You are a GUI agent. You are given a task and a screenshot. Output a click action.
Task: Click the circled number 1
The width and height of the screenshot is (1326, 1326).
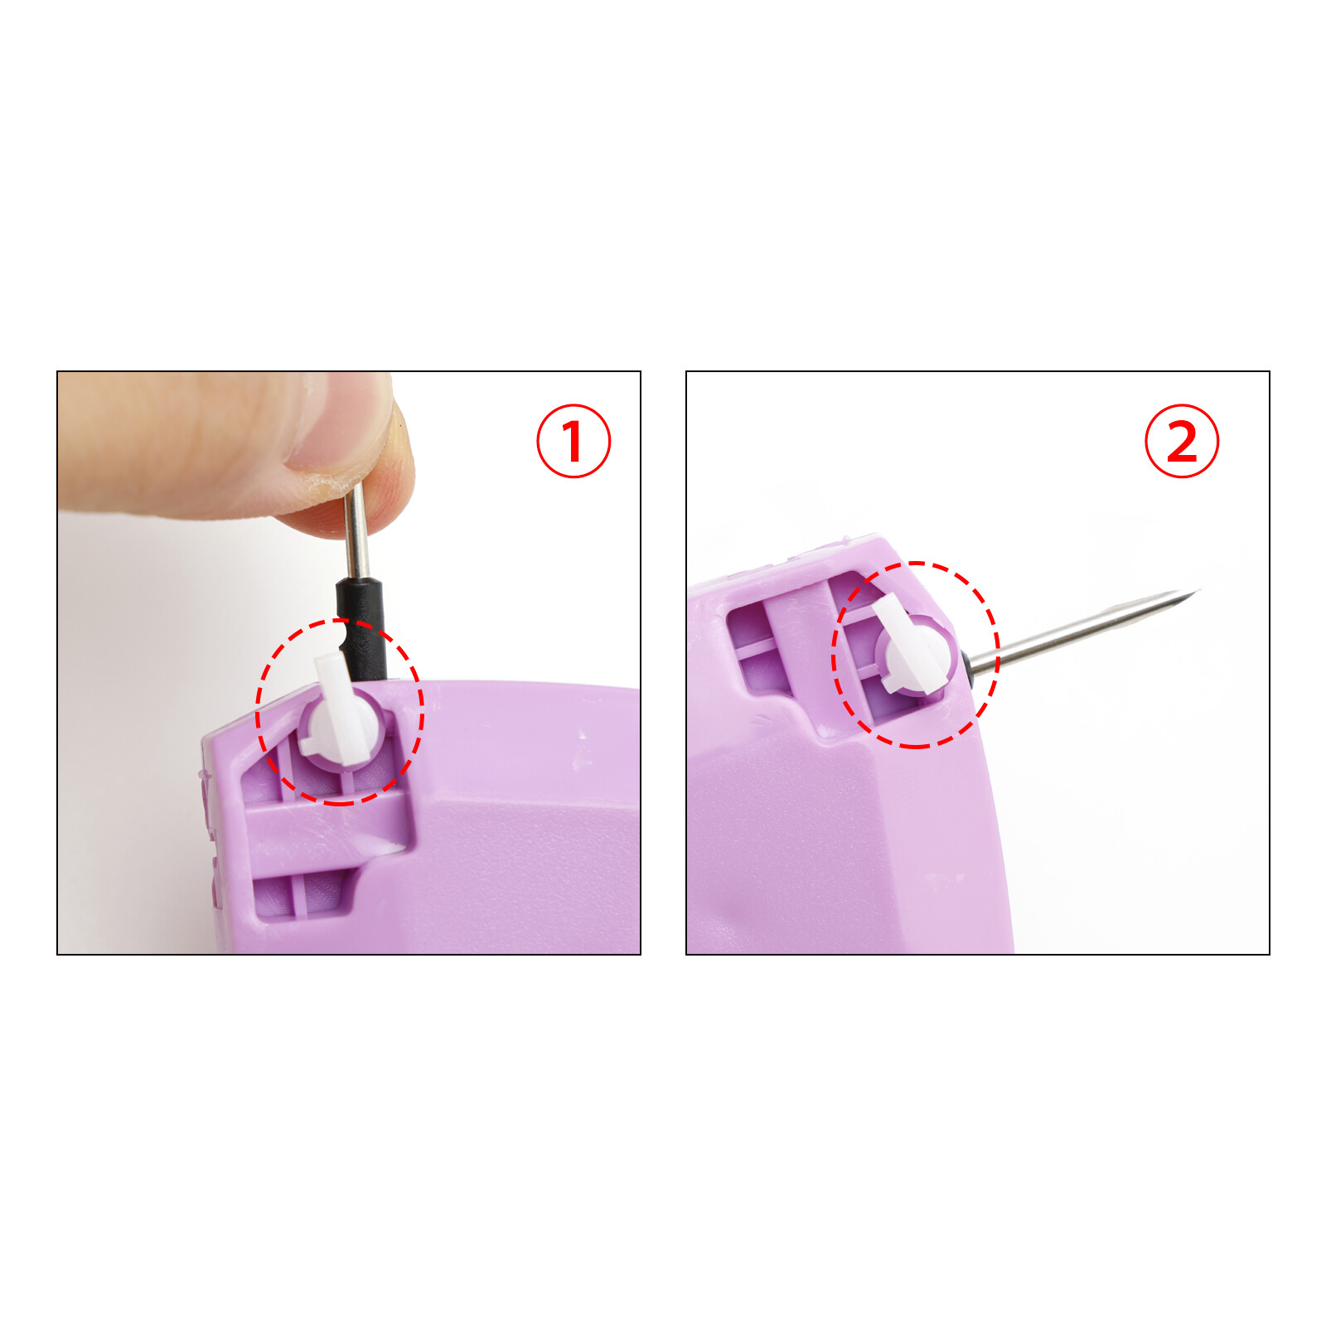pyautogui.click(x=573, y=441)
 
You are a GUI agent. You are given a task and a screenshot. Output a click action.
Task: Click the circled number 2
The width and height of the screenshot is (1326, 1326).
pyautogui.click(x=1182, y=441)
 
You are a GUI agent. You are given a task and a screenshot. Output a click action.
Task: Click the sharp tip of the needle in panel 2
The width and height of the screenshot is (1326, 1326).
pyautogui.click(x=1198, y=590)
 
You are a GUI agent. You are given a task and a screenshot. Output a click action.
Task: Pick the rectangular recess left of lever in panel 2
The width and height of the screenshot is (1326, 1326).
pyautogui.click(x=754, y=646)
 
